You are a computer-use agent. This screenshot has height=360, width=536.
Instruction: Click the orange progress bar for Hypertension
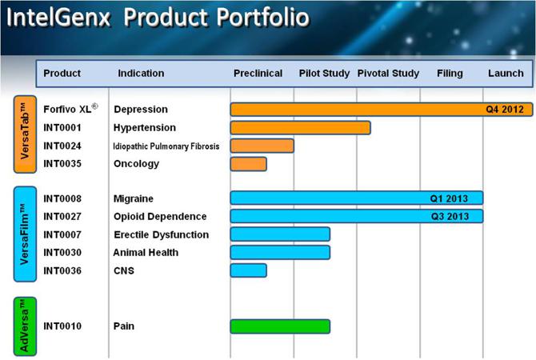coord(300,127)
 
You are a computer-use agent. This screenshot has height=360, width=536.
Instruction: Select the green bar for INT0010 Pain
coord(280,326)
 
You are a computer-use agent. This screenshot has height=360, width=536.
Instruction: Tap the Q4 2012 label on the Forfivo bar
coord(506,109)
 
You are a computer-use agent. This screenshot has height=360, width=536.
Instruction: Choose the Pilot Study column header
coord(324,74)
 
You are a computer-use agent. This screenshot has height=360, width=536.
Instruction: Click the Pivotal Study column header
coord(388,74)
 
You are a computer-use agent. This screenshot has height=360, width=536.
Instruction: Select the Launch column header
coord(506,74)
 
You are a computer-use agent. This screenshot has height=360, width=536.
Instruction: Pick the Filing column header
coord(450,74)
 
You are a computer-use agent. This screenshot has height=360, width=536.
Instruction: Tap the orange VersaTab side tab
coord(25,134)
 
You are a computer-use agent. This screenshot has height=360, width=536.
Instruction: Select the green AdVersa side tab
coord(25,326)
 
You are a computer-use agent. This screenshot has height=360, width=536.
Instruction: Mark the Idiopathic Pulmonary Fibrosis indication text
coord(166,146)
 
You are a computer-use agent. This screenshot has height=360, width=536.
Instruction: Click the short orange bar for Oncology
coord(248,163)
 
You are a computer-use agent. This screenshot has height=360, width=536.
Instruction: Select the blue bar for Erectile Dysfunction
coord(280,234)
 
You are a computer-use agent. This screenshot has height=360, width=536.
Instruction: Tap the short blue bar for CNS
coord(248,270)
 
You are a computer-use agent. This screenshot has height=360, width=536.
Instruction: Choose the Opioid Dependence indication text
coord(160,216)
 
